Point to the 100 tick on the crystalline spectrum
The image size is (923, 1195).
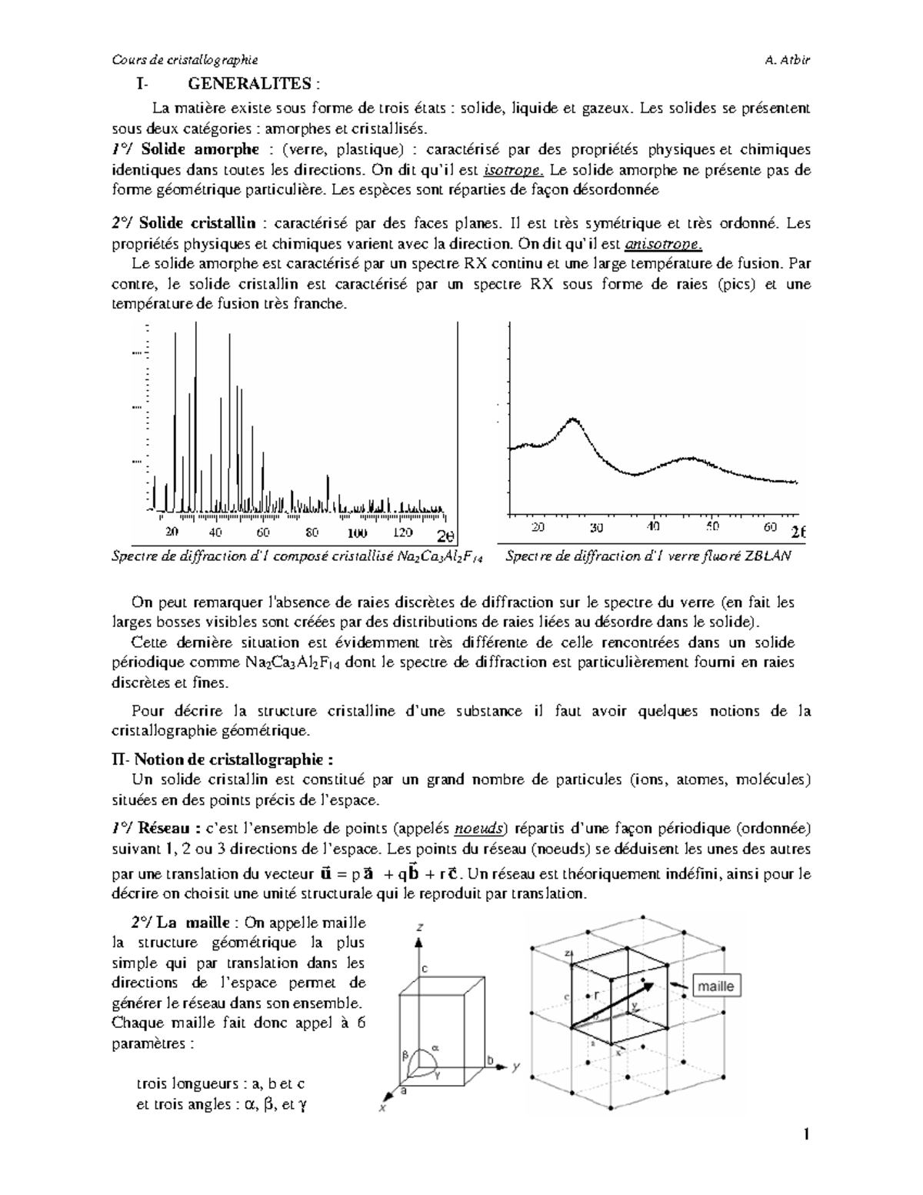(356, 532)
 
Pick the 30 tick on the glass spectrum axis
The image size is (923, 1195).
(597, 528)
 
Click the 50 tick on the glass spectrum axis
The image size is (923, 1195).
(712, 527)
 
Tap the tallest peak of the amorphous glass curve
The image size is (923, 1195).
(571, 419)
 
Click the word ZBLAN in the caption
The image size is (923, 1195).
(767, 556)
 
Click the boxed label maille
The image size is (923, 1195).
(716, 986)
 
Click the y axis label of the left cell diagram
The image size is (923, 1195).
(517, 1066)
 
